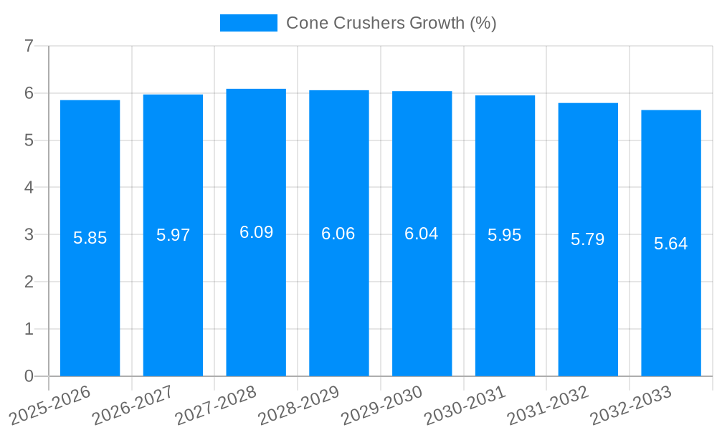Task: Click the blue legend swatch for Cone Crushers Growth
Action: coord(248,23)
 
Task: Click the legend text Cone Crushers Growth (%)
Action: coord(391,23)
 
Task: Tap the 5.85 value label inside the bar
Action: coord(90,238)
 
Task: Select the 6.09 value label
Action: coord(256,232)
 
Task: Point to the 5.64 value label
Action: coord(670,244)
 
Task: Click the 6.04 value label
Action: coord(422,234)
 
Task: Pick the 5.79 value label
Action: coord(587,239)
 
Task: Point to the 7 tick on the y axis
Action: coord(29,47)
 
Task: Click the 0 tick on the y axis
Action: coord(29,376)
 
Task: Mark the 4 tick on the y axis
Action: coord(29,188)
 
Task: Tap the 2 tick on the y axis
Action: coord(29,282)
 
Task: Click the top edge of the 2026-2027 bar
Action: coord(173,95)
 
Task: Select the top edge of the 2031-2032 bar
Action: coord(587,104)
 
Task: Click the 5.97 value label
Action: coord(173,235)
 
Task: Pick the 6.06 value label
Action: coord(338,234)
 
